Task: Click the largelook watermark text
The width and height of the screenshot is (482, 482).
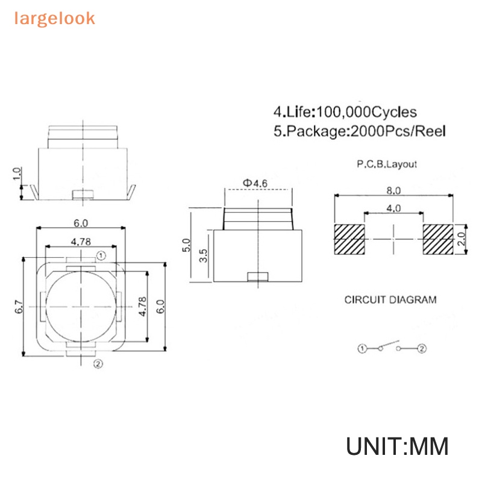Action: (x=55, y=18)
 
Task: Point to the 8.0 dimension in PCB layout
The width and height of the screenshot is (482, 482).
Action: (x=393, y=190)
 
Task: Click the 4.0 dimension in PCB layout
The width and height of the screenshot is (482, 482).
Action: (x=393, y=208)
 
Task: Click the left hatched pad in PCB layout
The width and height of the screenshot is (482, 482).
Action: (x=350, y=239)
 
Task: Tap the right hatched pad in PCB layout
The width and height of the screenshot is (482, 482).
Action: (x=437, y=239)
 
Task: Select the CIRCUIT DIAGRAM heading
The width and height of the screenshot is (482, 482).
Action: (x=390, y=299)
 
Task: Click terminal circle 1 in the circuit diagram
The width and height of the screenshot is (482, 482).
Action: (x=362, y=348)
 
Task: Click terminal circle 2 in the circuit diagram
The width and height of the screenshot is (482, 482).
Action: (x=422, y=348)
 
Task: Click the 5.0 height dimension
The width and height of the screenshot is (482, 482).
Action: (x=186, y=245)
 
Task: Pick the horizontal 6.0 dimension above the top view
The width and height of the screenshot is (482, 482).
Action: (x=81, y=223)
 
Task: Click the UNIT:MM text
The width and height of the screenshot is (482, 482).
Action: (x=398, y=447)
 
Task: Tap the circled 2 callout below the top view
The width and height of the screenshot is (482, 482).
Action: (x=98, y=363)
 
